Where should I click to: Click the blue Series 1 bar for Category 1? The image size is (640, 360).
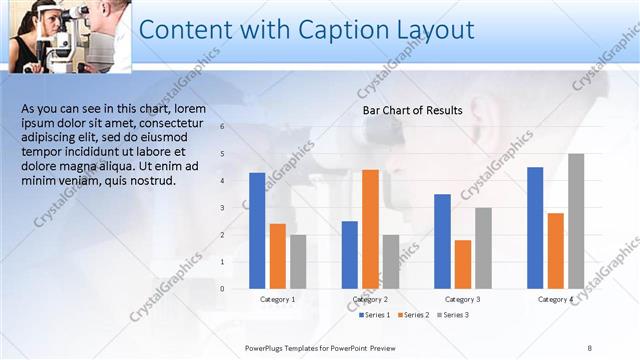[257, 231]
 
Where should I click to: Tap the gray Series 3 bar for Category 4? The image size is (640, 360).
[576, 221]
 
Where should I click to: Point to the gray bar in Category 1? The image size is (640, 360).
[298, 262]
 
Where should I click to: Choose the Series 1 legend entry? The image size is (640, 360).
[375, 315]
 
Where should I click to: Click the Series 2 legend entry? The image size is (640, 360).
[413, 315]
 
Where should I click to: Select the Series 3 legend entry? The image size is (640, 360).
[452, 315]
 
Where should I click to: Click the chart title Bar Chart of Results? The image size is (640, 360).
[412, 110]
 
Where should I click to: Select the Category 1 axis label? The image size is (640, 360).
[277, 299]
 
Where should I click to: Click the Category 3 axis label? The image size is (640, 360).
[462, 299]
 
